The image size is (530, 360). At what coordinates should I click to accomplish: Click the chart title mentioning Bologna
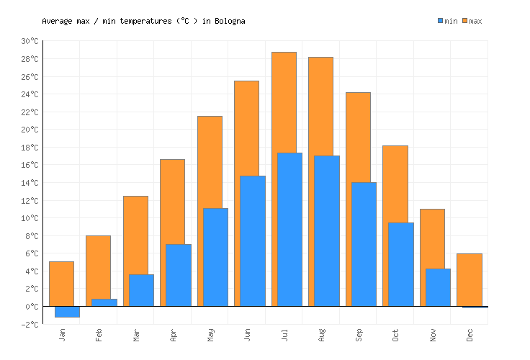pyautogui.click(x=143, y=21)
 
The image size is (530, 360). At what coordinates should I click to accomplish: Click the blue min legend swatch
pyautogui.click(x=440, y=21)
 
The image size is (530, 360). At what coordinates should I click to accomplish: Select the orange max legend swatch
pyautogui.click(x=465, y=21)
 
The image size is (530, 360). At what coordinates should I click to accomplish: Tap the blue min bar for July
pyautogui.click(x=289, y=229)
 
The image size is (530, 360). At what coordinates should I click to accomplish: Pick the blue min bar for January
pyautogui.click(x=67, y=311)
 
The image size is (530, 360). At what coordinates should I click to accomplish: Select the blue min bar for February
pyautogui.click(x=104, y=302)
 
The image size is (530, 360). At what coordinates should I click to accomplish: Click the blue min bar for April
pyautogui.click(x=178, y=275)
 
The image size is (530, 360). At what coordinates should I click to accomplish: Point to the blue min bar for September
pyautogui.click(x=364, y=244)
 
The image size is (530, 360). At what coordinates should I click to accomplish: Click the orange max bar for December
pyautogui.click(x=469, y=279)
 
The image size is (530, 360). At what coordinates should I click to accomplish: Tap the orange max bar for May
pyautogui.click(x=210, y=162)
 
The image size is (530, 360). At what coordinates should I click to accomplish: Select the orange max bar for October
pyautogui.click(x=395, y=184)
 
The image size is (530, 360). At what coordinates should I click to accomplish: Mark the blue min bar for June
pyautogui.click(x=252, y=240)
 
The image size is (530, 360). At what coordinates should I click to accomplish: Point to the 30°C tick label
pyautogui.click(x=30, y=41)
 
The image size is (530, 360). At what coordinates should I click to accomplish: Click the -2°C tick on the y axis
pyautogui.click(x=30, y=324)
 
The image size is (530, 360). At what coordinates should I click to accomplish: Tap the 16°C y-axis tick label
pyautogui.click(x=30, y=165)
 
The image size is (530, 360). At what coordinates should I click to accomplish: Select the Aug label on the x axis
pyautogui.click(x=321, y=334)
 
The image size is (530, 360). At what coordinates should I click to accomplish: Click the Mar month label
pyautogui.click(x=135, y=334)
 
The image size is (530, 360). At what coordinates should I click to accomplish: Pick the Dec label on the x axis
pyautogui.click(x=470, y=334)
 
